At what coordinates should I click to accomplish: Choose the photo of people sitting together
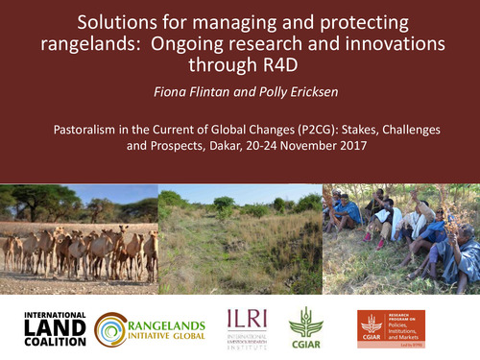click(x=400, y=235)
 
